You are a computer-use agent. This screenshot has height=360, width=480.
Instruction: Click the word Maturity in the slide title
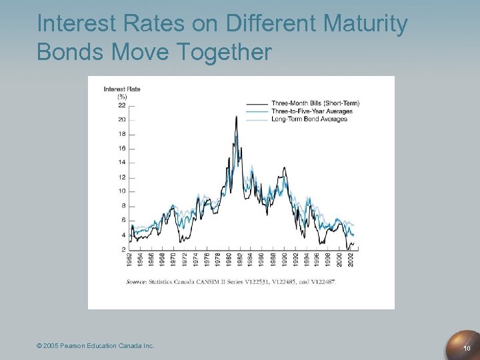365,24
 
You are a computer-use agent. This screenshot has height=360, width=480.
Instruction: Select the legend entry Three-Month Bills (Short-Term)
315,103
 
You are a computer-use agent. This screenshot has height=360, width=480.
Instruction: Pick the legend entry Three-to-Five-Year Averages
312,111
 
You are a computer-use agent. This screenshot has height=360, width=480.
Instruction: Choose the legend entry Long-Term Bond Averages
309,119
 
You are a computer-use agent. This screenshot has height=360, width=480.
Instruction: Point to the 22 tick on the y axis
121,105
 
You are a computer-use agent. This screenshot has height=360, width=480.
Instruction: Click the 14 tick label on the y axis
121,162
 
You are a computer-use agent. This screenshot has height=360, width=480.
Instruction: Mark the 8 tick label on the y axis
123,206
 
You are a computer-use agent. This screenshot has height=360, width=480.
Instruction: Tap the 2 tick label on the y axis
123,249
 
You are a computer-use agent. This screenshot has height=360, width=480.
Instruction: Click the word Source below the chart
138,282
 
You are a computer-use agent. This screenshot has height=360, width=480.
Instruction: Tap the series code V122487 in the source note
323,282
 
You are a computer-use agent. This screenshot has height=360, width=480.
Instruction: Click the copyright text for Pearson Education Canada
95,345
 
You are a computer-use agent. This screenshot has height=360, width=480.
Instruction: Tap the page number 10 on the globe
467,348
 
